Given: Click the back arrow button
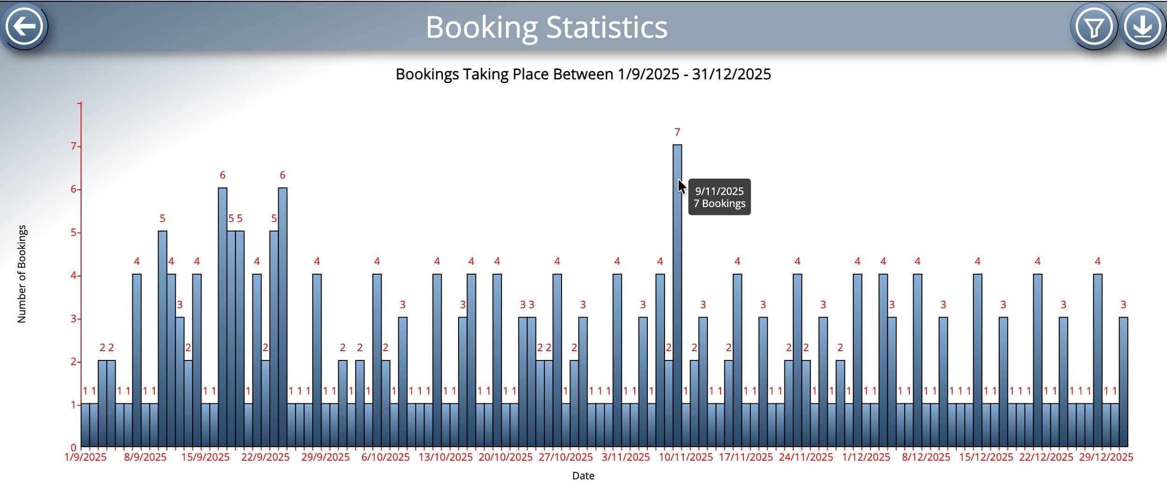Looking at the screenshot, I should (x=25, y=26).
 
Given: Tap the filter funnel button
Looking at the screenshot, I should (x=1093, y=27).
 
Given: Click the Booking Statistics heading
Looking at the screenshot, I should (x=546, y=27).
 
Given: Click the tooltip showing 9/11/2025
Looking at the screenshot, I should (x=719, y=197).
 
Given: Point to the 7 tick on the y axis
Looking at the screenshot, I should (x=74, y=146).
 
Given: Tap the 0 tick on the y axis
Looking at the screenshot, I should (x=74, y=448).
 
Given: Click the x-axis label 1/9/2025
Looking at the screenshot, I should (x=85, y=457).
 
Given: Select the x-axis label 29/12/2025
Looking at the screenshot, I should (x=1106, y=457).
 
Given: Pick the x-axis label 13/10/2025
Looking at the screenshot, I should (x=446, y=457).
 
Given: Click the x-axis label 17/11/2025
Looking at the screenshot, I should (x=746, y=457).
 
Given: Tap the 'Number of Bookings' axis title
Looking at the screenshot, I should (x=22, y=274).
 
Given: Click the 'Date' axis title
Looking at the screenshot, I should (x=583, y=476).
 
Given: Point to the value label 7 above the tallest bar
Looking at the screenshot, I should (x=677, y=132).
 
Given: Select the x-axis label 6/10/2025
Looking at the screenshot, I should (x=385, y=457).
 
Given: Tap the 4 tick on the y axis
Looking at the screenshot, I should (x=74, y=276).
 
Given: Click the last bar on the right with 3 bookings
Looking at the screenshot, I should (x=1123, y=382).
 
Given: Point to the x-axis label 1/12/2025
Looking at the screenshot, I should (x=866, y=457).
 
